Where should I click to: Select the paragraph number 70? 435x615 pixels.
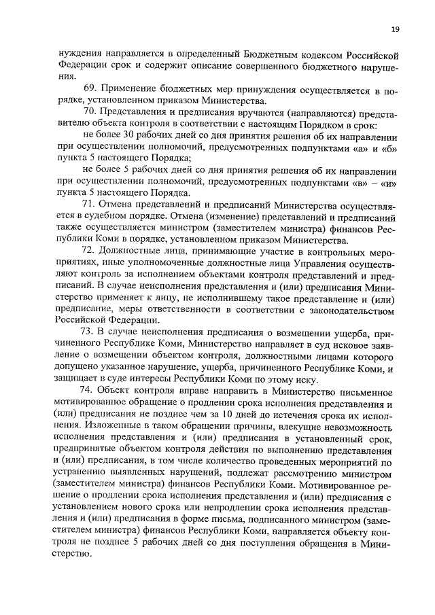[88, 111]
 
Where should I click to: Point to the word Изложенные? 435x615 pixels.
[86, 427]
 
